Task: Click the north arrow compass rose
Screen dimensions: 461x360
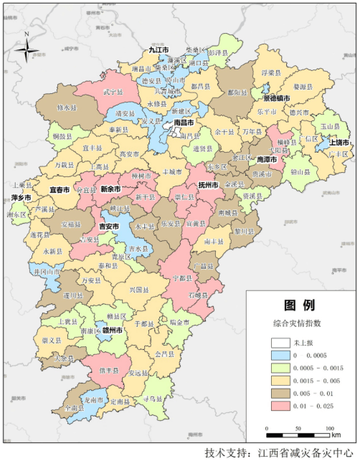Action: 27,49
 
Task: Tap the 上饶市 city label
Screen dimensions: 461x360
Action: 338,142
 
